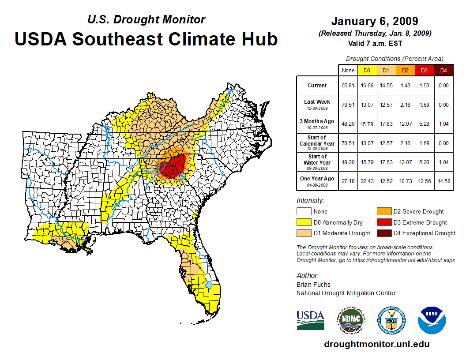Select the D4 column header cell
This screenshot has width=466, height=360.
[443, 70]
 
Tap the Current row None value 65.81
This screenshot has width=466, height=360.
[348, 86]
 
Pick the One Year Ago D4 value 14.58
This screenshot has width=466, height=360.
[443, 181]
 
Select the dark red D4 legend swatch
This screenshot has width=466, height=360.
[384, 233]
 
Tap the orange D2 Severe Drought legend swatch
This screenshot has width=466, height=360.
[384, 211]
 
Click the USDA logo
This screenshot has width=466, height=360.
[310, 320]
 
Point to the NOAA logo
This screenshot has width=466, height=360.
[432, 321]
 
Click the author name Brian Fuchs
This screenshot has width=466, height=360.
[313, 285]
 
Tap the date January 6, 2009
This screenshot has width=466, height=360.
[375, 21]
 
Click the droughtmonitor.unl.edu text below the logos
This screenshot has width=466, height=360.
[376, 344]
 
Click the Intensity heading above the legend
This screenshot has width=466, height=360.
[310, 200]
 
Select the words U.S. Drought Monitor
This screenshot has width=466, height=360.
[146, 19]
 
